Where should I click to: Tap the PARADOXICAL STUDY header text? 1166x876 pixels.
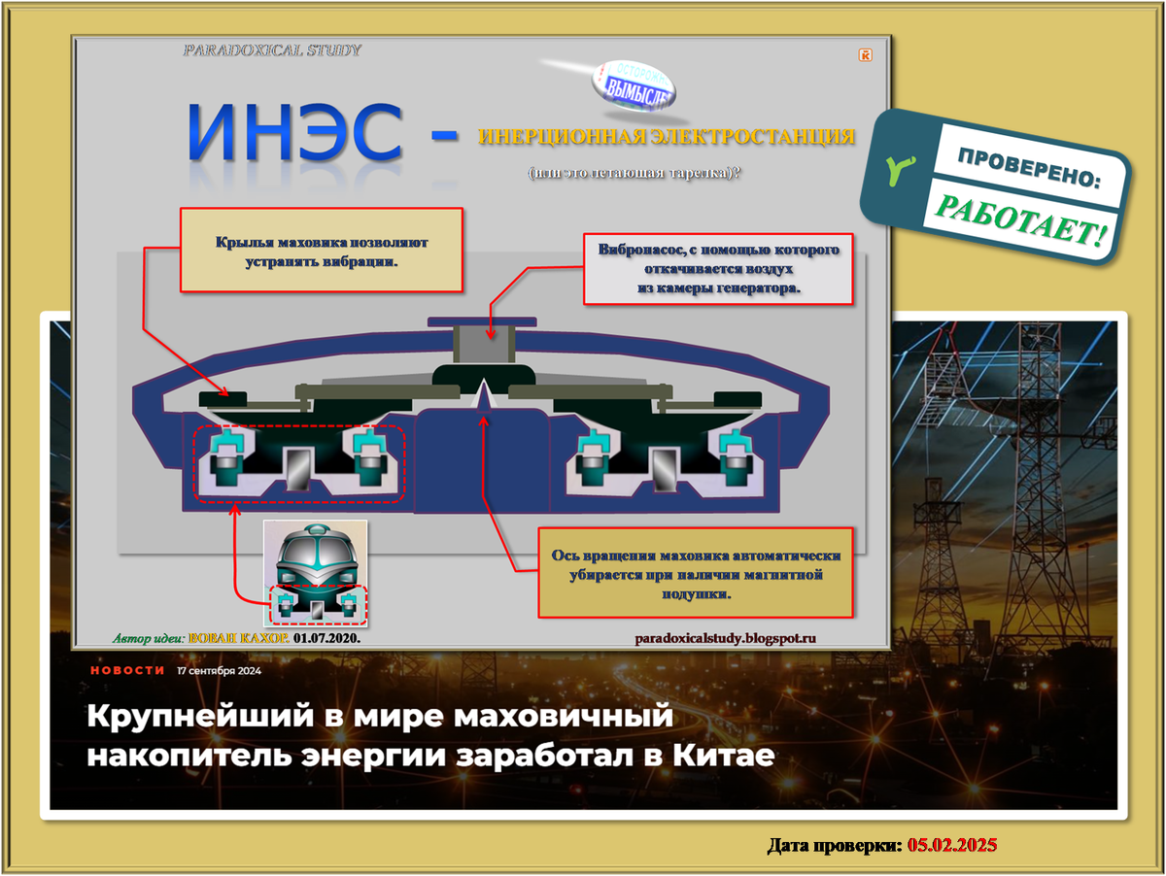[272, 50]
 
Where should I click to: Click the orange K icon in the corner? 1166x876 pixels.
[865, 54]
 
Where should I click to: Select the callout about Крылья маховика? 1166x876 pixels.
[321, 251]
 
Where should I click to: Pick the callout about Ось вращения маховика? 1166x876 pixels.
[696, 573]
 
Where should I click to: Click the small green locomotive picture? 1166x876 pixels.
[315, 573]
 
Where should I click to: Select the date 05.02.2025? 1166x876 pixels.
[952, 845]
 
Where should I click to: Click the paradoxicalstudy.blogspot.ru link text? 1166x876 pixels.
[725, 638]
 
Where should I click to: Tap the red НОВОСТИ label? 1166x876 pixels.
[127, 671]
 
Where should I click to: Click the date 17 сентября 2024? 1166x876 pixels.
[219, 671]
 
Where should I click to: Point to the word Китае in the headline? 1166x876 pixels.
[724, 754]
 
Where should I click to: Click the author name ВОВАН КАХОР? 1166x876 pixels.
[237, 638]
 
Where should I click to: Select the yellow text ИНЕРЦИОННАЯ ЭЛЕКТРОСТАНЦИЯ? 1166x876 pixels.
[667, 137]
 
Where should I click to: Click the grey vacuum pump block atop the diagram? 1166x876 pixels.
[483, 346]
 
